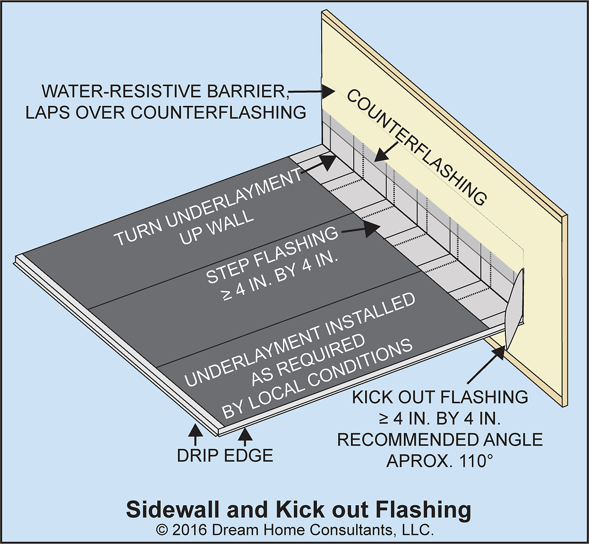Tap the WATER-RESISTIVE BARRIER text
[x=165, y=91]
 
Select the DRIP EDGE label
[x=225, y=456]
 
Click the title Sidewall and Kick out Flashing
[x=299, y=510]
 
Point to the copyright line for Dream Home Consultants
[x=295, y=530]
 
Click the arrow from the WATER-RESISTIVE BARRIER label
[x=307, y=90]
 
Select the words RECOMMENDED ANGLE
[x=440, y=440]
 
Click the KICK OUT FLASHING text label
[x=440, y=397]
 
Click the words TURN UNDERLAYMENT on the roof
[x=208, y=208]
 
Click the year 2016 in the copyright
[x=189, y=530]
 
